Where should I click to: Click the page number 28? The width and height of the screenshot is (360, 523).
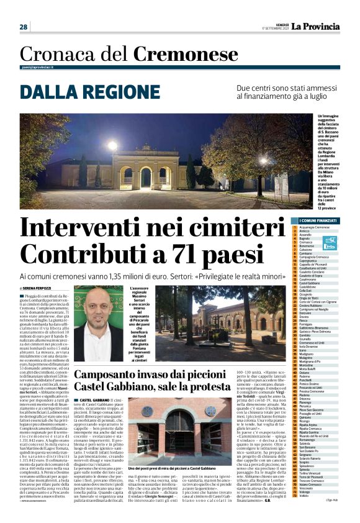point(24,27)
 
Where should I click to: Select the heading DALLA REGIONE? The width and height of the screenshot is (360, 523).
point(81,91)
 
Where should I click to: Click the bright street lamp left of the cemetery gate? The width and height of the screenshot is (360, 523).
point(112,145)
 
